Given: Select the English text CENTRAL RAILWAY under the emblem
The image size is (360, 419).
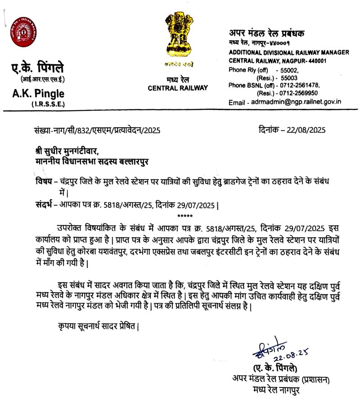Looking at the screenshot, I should (x=178, y=88).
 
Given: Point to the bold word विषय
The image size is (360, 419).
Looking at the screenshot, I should (x=43, y=181).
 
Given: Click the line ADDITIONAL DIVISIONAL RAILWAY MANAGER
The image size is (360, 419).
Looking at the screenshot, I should (x=288, y=53).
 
